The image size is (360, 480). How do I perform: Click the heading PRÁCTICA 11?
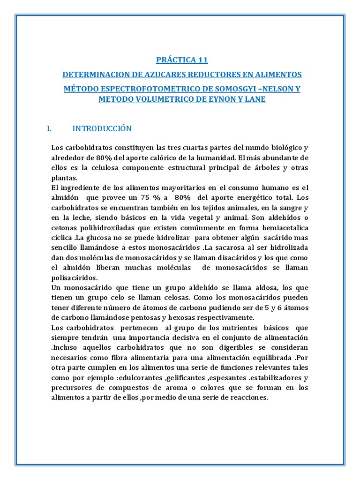(x=181, y=60)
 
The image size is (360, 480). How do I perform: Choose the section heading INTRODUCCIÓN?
(x=102, y=128)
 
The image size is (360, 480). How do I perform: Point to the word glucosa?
(x=102, y=237)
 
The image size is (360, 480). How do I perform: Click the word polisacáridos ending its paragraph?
(x=74, y=277)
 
